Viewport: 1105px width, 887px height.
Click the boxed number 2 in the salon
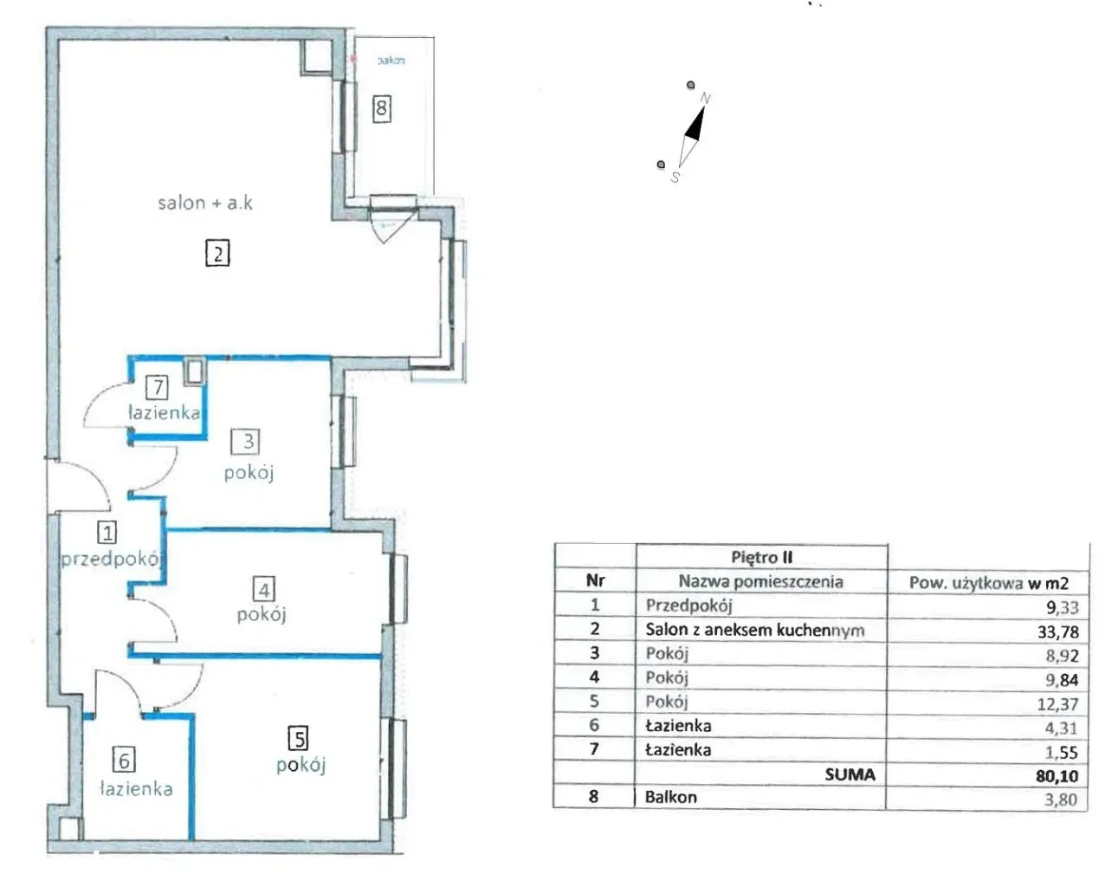point(217,253)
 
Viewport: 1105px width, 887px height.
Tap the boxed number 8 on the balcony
point(382,108)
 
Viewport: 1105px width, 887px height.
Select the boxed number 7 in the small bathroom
point(157,387)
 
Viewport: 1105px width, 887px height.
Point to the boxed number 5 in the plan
point(298,738)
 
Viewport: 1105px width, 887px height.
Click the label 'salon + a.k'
point(205,203)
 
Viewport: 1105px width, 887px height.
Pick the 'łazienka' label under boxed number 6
point(136,788)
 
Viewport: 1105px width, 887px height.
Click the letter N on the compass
point(705,98)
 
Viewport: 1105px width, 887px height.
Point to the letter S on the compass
point(675,178)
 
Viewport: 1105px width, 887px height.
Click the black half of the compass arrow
point(695,125)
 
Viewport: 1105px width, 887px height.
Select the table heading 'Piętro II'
point(762,557)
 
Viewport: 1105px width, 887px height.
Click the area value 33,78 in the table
point(1057,631)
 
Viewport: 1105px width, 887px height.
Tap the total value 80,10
point(1057,775)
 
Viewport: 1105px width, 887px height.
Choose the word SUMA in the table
point(850,774)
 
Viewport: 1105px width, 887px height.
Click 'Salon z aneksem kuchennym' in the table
point(755,630)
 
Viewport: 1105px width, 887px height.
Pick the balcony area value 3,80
point(1060,800)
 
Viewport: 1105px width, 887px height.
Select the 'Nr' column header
point(595,580)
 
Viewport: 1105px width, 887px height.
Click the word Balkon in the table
point(670,797)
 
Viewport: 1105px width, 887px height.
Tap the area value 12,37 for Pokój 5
point(1057,703)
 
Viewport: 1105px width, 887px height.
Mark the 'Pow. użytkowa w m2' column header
point(988,582)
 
